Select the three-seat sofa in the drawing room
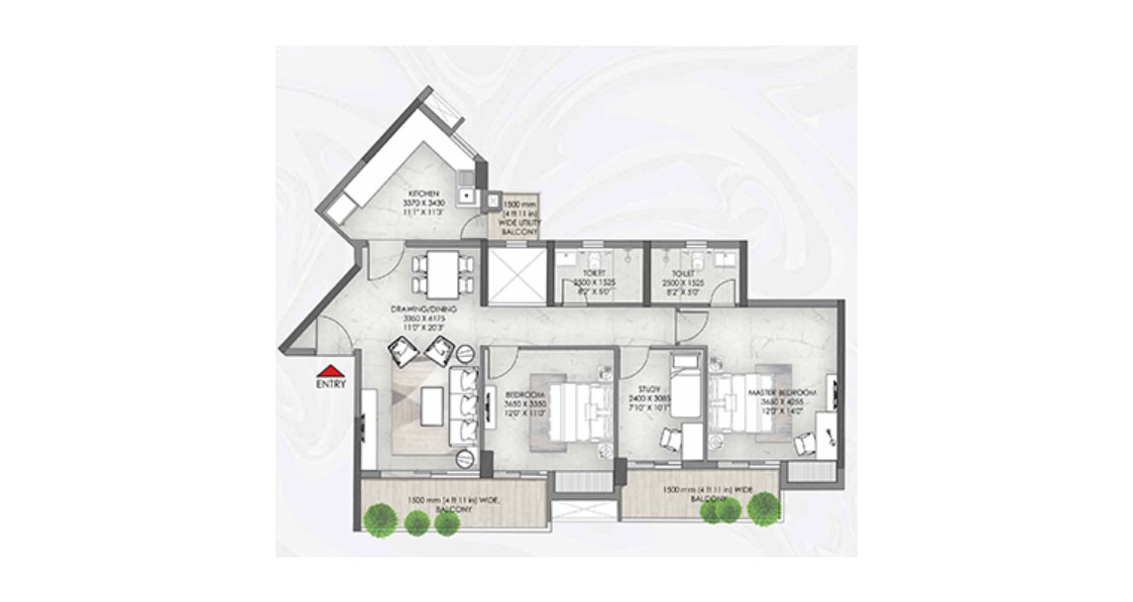(466, 406)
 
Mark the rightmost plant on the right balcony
(762, 507)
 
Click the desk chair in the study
(670, 436)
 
